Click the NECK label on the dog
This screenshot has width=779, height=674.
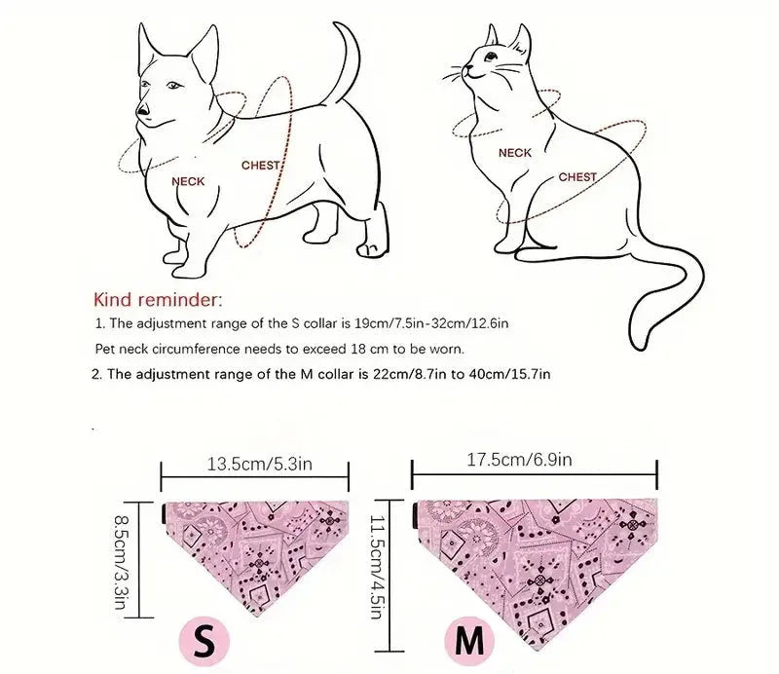tap(188, 181)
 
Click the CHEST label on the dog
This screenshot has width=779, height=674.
tap(260, 166)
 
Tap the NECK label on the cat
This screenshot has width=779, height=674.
tap(514, 153)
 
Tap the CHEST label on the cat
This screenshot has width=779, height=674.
tap(576, 177)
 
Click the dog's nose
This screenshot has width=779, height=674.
tap(142, 111)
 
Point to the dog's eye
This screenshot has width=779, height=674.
tap(172, 87)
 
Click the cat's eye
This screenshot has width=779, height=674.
tap(478, 59)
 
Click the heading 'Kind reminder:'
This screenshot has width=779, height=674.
tap(158, 298)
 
